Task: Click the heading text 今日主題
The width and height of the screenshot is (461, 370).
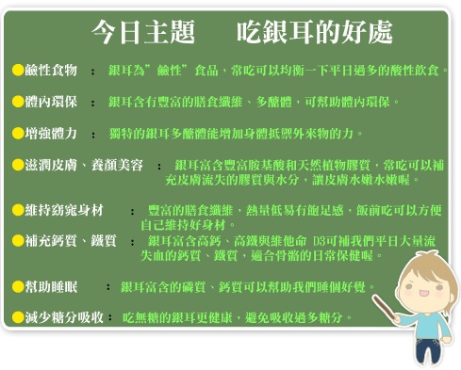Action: click(143, 32)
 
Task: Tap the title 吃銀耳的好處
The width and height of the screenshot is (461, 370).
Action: click(315, 32)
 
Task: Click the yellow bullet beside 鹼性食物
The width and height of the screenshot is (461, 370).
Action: click(18, 70)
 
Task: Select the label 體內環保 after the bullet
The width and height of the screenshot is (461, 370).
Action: click(51, 102)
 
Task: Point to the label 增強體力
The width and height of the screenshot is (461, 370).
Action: click(51, 134)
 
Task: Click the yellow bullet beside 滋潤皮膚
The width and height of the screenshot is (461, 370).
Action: click(18, 165)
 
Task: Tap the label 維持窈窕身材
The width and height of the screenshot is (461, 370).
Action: click(64, 210)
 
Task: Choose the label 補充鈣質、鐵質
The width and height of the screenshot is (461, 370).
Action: click(71, 241)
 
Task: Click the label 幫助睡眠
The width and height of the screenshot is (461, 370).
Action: click(51, 286)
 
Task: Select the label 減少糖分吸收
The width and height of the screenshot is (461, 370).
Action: click(64, 317)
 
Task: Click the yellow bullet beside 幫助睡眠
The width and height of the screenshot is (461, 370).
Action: click(18, 286)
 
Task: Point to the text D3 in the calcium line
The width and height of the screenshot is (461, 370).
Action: click(319, 241)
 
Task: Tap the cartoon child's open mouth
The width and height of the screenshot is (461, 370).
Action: click(423, 294)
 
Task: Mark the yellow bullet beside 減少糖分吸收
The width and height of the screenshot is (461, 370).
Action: click(18, 317)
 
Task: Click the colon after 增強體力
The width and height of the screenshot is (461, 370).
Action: click(93, 135)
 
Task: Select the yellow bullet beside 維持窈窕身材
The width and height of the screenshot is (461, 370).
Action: click(18, 210)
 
